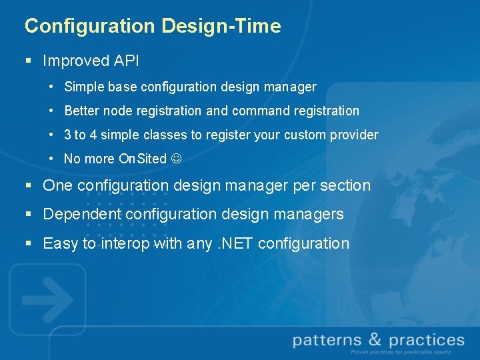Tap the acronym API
pos(126,61)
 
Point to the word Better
pos(82,111)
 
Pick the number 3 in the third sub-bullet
pos(67,135)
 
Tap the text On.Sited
pos(142,159)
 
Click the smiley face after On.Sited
pos(176,159)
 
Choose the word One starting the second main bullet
pos(57,186)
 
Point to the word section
pos(345,186)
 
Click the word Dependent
pos(82,215)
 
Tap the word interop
pos(125,244)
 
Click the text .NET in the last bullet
pos(235,244)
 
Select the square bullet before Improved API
pos(29,61)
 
